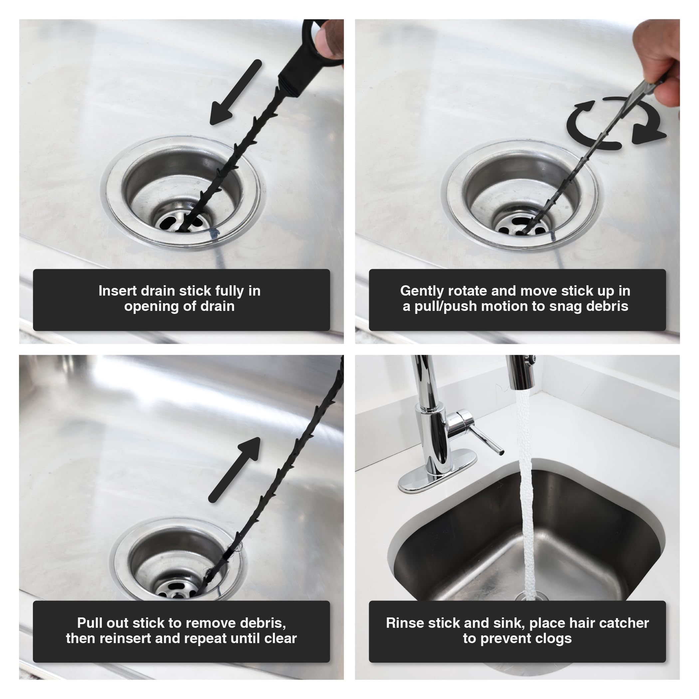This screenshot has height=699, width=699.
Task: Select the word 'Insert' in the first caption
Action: click(117, 291)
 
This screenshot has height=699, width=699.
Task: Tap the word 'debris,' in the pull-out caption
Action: click(263, 623)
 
